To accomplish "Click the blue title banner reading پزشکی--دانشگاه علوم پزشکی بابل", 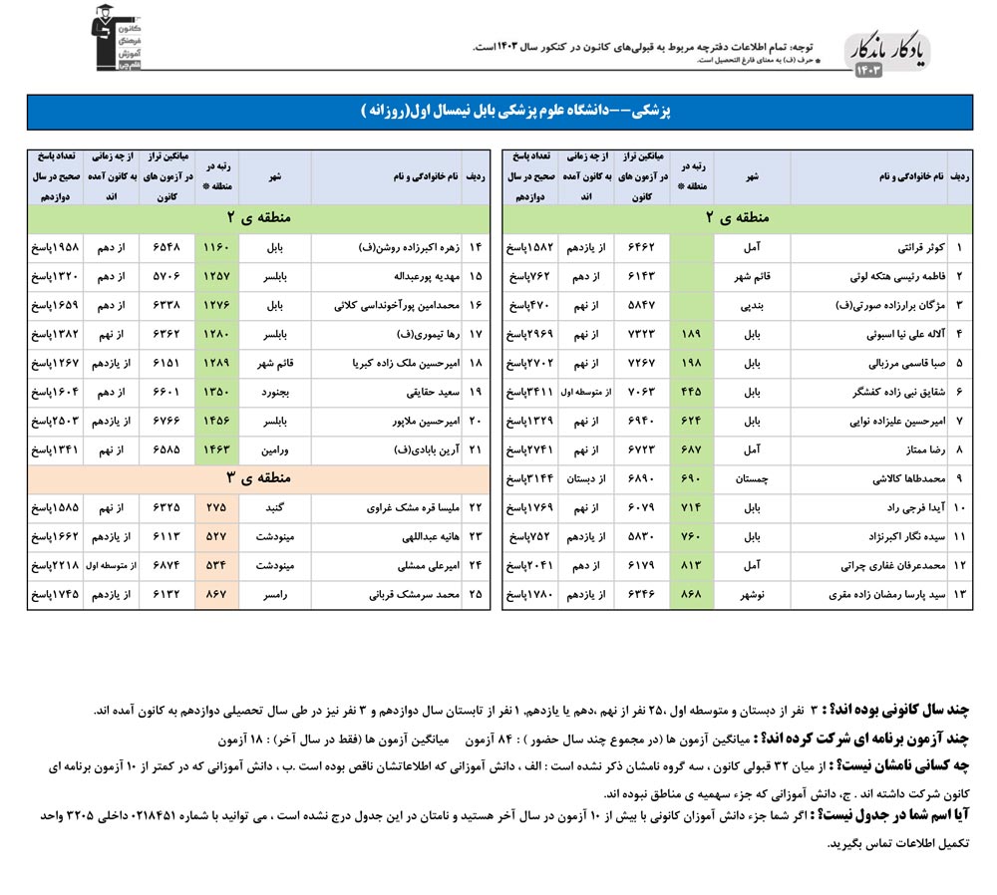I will click(498, 112).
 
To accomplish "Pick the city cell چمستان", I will click(752, 478).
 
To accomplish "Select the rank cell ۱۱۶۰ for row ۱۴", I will click(216, 245).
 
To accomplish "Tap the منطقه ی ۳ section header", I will click(258, 478).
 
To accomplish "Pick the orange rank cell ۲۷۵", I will click(216, 507).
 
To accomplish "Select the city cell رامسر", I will click(274, 595).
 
